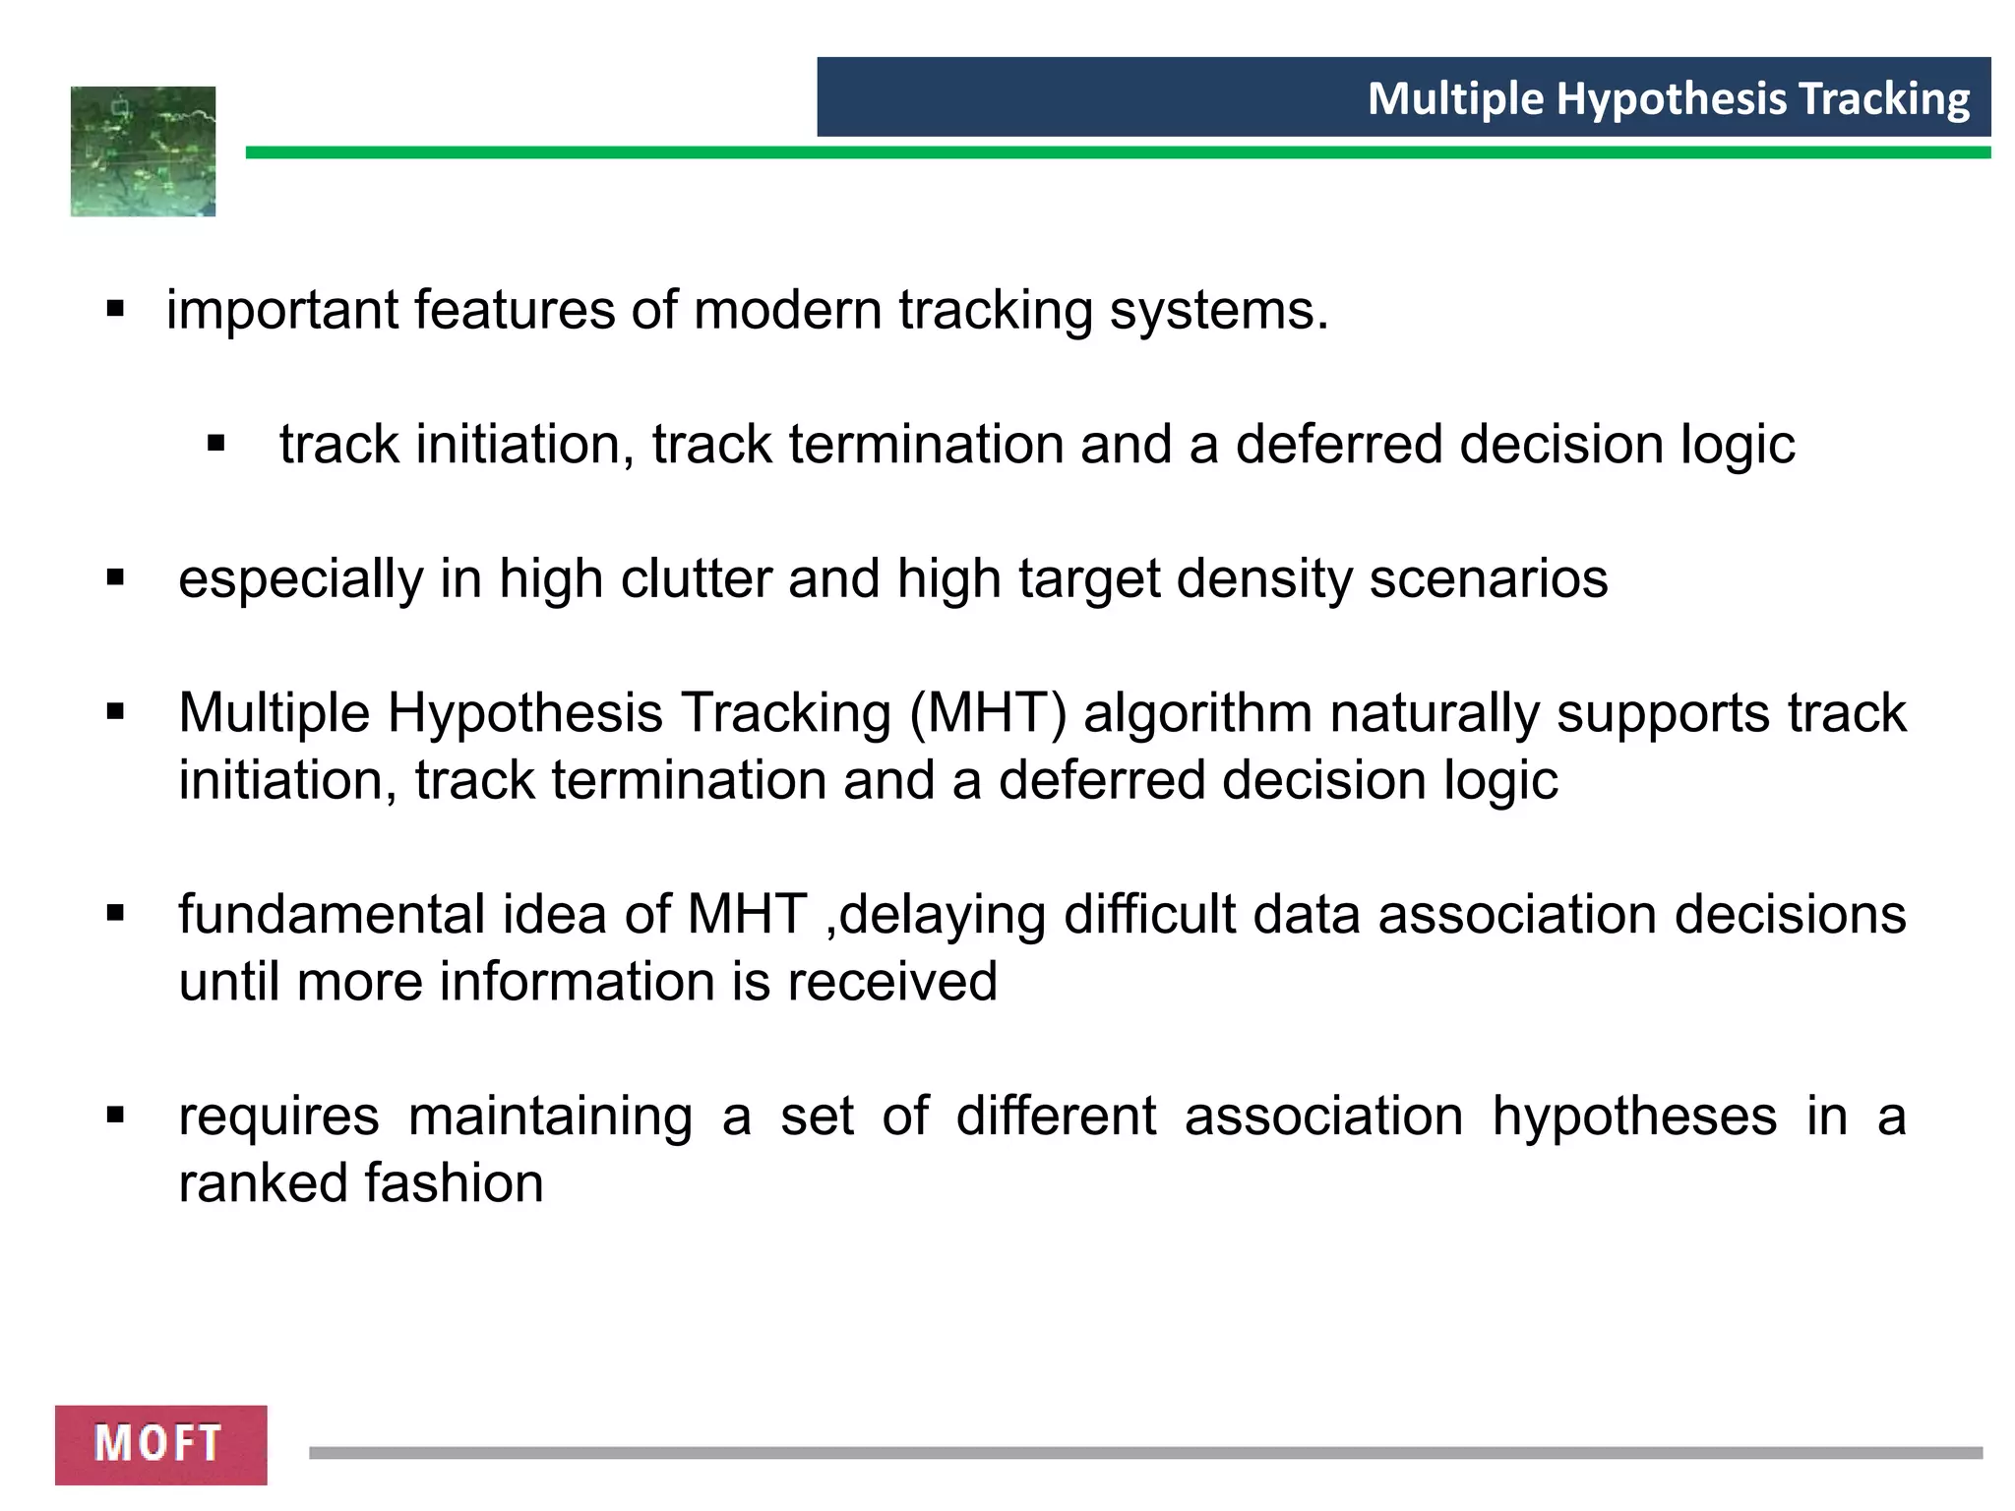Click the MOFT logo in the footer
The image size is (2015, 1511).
[160, 1443]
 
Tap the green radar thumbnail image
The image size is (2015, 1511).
[143, 151]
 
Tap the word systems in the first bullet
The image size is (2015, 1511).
[1218, 310]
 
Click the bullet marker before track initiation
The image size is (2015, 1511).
[216, 445]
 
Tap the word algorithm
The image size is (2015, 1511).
[1197, 713]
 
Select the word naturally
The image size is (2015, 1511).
[1435, 713]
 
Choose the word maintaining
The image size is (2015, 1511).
[550, 1117]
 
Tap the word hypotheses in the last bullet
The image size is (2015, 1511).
[1634, 1117]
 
